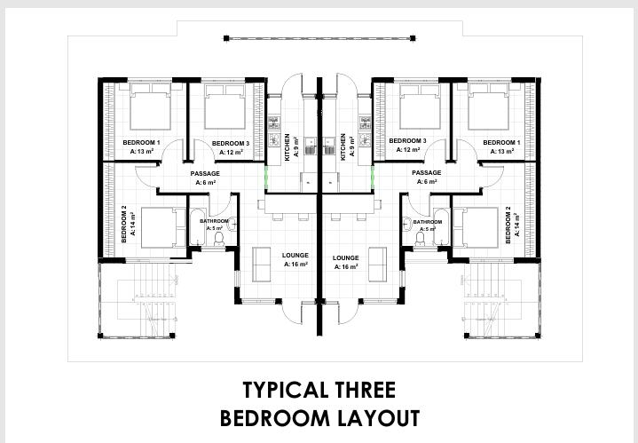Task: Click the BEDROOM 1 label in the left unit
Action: coord(141,143)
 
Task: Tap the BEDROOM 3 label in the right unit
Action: coord(407,141)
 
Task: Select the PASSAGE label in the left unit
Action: coord(205,174)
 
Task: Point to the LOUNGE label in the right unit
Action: coord(345,257)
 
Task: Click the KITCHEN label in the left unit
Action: coord(287,147)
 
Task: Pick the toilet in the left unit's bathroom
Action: coord(219,240)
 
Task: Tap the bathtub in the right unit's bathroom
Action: coord(442,226)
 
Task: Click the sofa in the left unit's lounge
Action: coord(261,265)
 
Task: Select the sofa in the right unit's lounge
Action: coord(378,265)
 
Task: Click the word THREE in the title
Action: coord(362,390)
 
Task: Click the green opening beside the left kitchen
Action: coord(266,178)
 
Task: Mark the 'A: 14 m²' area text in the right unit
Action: coord(517,225)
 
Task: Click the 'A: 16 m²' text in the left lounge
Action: coord(295,265)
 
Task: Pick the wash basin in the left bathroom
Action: coord(232,224)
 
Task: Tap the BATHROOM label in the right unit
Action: coord(427,222)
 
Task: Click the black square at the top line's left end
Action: coord(226,38)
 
